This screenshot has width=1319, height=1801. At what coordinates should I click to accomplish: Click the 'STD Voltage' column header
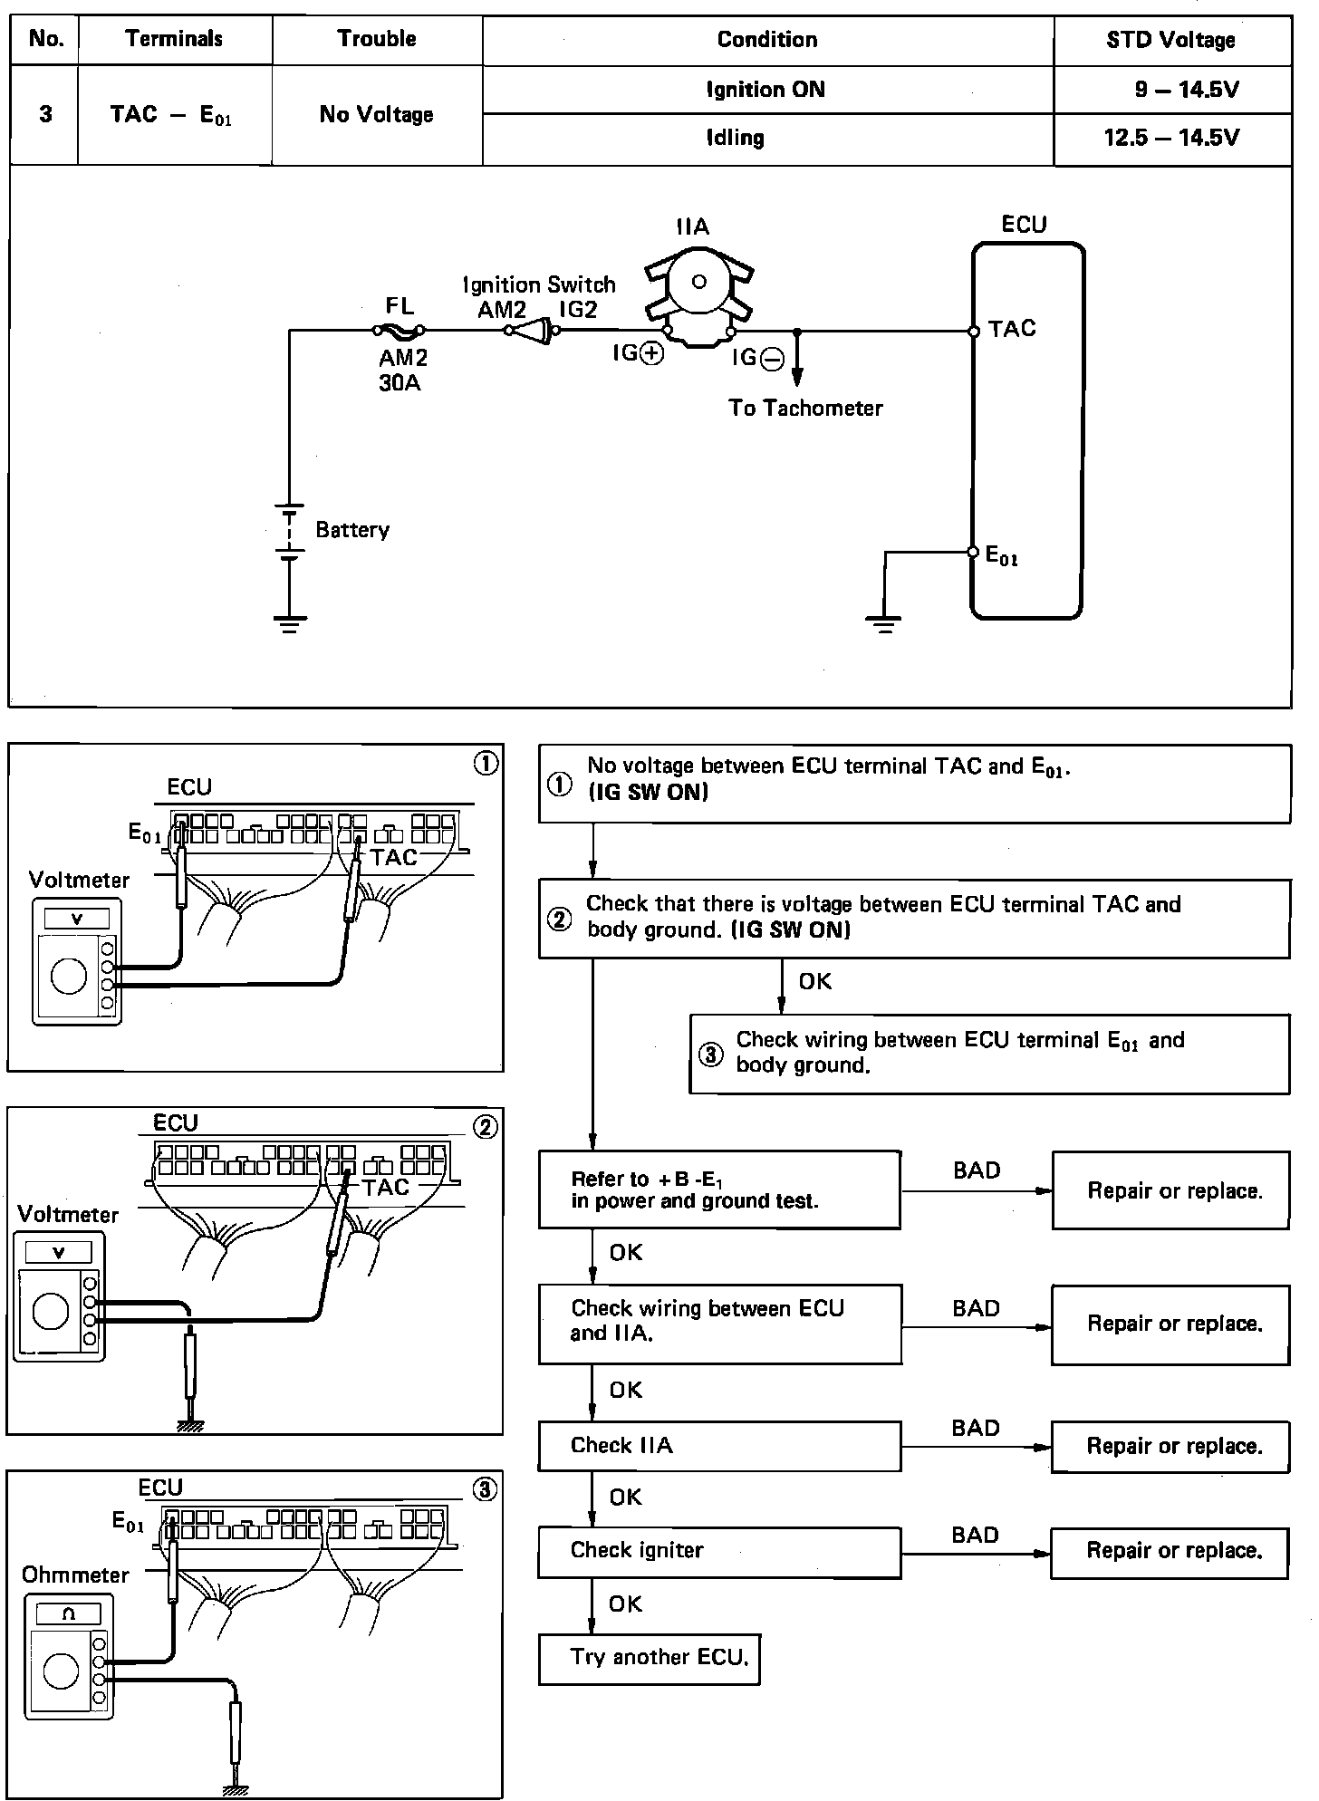[x=1170, y=40]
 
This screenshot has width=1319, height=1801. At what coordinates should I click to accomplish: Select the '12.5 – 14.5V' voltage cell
[x=1171, y=139]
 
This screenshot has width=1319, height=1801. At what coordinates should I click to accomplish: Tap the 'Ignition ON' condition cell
[x=765, y=90]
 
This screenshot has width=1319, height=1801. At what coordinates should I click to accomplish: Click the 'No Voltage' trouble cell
[x=376, y=115]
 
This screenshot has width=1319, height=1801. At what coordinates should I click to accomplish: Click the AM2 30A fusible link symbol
[x=399, y=332]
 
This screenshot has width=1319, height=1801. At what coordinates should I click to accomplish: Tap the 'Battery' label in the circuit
[x=352, y=530]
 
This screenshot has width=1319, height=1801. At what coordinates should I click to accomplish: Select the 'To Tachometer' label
[x=805, y=409]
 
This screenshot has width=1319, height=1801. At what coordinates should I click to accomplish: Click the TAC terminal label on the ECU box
[x=1012, y=329]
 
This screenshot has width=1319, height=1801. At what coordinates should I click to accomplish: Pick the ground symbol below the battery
[x=290, y=623]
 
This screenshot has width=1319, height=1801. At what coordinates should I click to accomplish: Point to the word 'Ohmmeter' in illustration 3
[x=76, y=1575]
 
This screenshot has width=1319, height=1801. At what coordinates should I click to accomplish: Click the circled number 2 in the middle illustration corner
[x=486, y=1127]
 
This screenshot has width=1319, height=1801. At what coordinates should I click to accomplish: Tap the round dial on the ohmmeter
[x=61, y=1671]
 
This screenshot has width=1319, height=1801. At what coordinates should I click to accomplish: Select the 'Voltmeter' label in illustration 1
[x=79, y=880]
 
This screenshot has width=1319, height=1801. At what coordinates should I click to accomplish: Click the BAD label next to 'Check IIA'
[x=975, y=1429]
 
